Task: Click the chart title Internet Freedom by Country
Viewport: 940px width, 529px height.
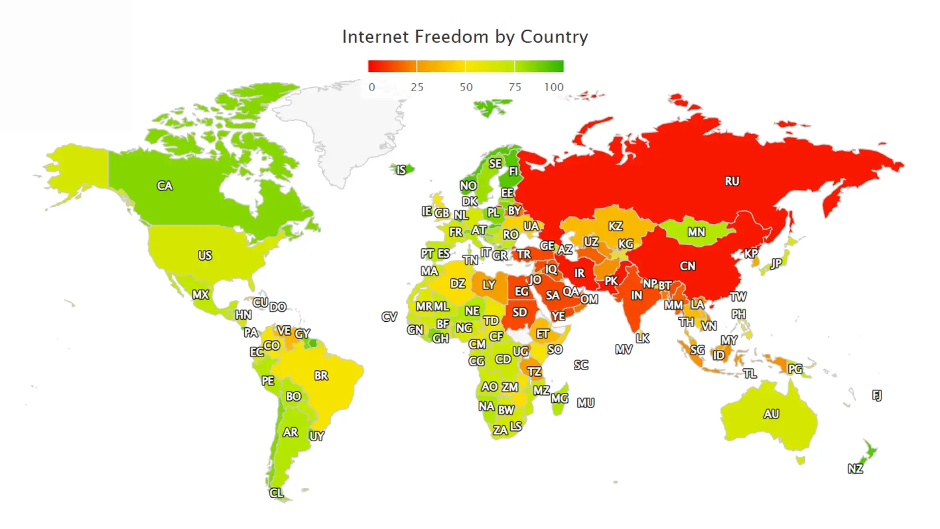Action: [465, 37]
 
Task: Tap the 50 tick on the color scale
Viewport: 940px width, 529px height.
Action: [466, 87]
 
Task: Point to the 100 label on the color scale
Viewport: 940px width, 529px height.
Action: [554, 87]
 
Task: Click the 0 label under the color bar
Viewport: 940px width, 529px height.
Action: [372, 87]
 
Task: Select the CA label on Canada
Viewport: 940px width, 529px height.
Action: [164, 186]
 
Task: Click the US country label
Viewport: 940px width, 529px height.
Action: [205, 255]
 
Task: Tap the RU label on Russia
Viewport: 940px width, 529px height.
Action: [732, 181]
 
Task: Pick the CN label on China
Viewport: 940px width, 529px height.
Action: [687, 266]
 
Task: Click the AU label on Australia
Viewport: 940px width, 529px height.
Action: [771, 414]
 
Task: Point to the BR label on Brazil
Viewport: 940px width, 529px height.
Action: [321, 376]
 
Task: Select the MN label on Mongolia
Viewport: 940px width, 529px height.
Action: [696, 232]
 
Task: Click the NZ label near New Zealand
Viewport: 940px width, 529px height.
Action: [855, 469]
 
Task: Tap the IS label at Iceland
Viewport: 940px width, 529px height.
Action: [401, 170]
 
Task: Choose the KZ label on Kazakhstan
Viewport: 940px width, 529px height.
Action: [615, 226]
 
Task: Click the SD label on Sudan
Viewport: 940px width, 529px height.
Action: [519, 312]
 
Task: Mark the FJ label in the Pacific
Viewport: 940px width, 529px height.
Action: [877, 395]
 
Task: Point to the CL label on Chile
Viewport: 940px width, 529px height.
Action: [276, 493]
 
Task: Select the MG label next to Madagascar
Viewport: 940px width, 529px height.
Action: [559, 398]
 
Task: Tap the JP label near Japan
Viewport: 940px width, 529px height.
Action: [776, 264]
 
